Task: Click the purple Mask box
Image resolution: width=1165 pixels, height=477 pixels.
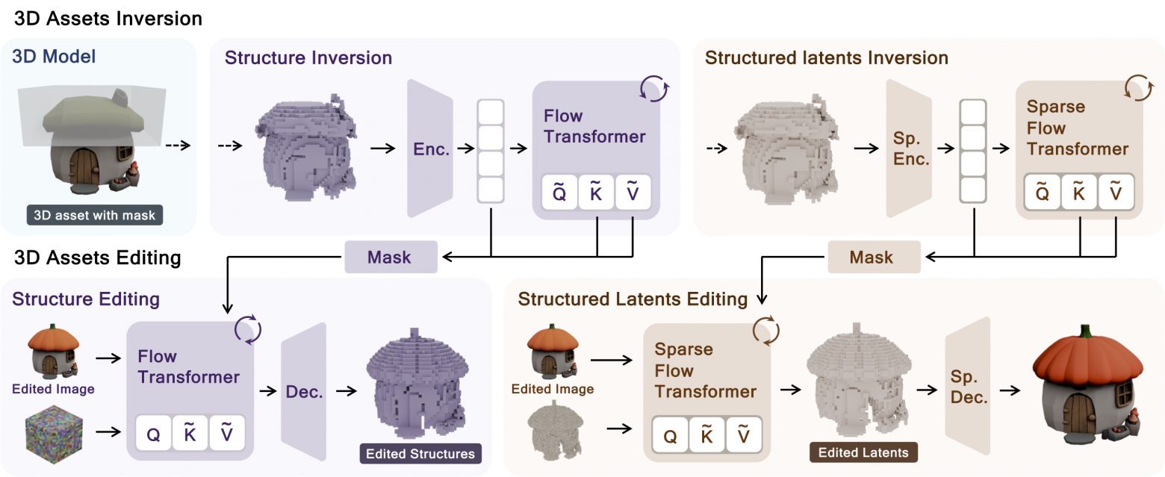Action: [x=390, y=258]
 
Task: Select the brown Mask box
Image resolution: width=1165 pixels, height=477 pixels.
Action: [x=872, y=258]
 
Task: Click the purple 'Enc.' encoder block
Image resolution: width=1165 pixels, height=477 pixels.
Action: [x=431, y=149]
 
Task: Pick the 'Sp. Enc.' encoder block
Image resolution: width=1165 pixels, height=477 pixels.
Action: [x=909, y=149]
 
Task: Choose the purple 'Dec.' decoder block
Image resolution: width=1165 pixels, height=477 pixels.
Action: [x=304, y=391]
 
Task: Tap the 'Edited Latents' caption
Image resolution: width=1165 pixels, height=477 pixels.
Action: [x=863, y=452]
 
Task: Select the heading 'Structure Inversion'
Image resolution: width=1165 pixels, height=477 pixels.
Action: [x=308, y=57]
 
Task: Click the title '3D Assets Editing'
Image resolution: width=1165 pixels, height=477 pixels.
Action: [x=98, y=258]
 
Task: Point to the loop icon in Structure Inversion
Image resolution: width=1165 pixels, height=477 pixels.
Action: [x=651, y=90]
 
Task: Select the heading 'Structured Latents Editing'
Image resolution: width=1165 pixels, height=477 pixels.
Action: [x=633, y=299]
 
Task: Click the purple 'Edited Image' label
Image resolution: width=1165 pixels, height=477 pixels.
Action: [x=53, y=389]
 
